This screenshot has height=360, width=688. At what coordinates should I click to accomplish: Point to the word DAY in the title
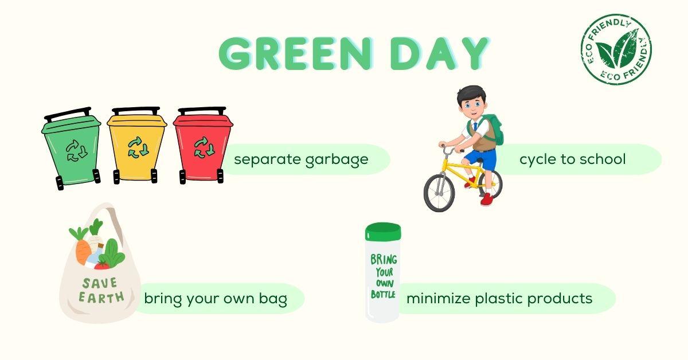[440, 54]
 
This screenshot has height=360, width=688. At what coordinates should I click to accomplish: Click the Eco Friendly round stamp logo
[616, 49]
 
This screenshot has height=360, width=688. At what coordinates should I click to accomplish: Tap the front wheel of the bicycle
[439, 193]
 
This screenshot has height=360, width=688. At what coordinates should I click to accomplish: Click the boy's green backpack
[494, 129]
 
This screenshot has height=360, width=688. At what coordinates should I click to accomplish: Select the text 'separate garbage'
[301, 159]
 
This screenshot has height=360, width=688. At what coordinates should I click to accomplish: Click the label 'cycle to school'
[573, 159]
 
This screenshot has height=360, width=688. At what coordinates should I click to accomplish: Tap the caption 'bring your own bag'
[216, 299]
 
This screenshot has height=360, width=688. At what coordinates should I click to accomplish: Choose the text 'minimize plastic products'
[499, 299]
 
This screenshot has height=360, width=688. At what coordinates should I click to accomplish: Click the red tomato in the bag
[102, 265]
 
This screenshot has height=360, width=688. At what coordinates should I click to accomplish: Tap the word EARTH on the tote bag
[101, 297]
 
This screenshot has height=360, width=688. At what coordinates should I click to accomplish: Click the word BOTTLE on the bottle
[383, 294]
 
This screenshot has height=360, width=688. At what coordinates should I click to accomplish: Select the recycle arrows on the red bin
[204, 147]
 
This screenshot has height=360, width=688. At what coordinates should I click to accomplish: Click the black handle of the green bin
[68, 114]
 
